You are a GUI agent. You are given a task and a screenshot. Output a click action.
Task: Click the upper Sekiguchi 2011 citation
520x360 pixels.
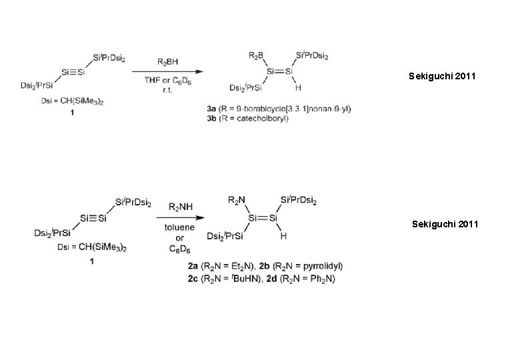(x=443, y=77)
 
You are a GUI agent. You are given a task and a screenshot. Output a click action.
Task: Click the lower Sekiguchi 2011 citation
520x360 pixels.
(x=445, y=225)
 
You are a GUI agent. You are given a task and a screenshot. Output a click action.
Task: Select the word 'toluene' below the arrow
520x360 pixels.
(x=180, y=227)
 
